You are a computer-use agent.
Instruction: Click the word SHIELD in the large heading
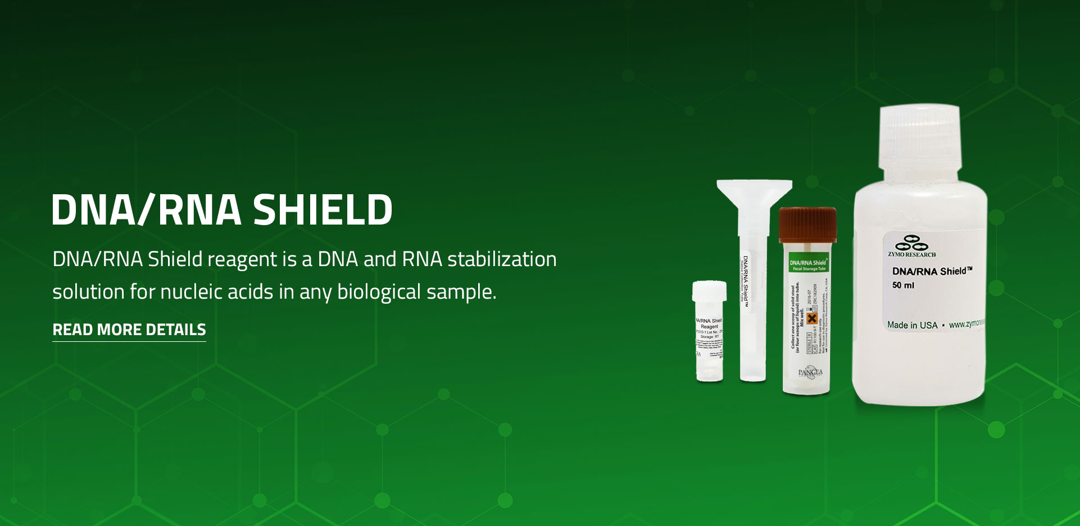tap(323, 210)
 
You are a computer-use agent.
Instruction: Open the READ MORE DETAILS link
tap(129, 330)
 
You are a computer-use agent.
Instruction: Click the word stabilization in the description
tap(502, 259)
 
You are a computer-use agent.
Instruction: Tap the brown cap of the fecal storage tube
tap(807, 223)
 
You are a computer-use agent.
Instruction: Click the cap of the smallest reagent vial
tap(709, 291)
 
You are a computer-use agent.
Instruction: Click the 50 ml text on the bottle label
tap(903, 285)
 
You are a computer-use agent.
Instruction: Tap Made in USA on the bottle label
tap(912, 325)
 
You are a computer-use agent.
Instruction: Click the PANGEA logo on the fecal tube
tap(810, 372)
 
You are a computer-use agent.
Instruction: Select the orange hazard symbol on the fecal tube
tap(811, 319)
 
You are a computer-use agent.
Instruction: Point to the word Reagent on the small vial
tap(709, 326)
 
